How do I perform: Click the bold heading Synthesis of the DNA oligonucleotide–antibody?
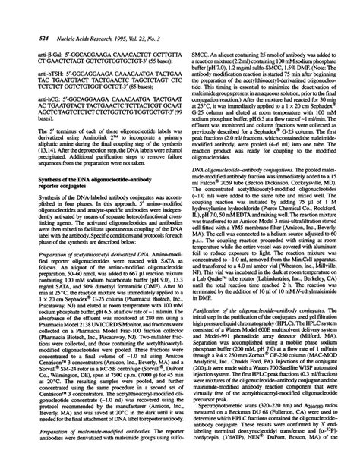click(91, 177)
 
